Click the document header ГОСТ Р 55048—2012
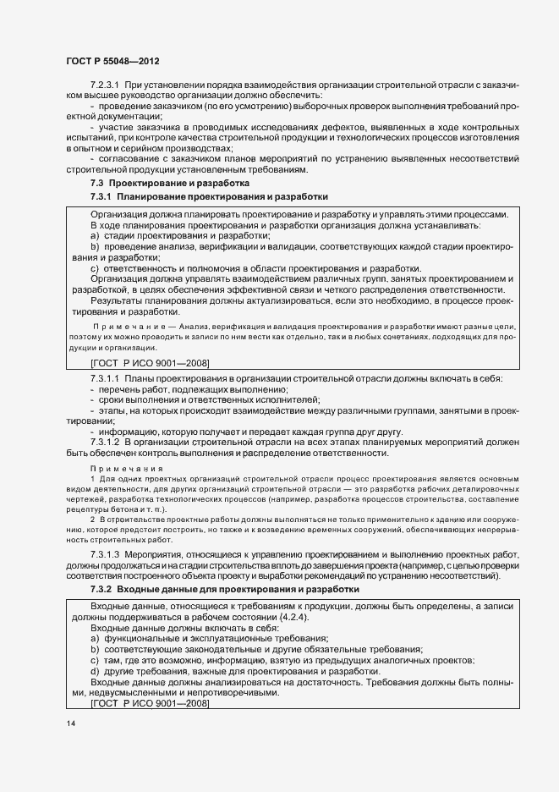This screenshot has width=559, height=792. [x=112, y=60]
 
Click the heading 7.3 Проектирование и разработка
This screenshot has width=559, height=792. [x=169, y=183]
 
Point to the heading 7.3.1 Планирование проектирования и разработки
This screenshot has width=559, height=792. [x=209, y=196]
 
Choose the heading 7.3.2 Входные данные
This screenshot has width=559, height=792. [x=224, y=588]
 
